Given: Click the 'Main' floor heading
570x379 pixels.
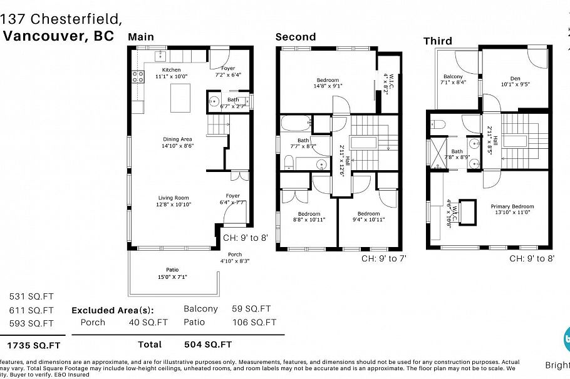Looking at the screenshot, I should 141,37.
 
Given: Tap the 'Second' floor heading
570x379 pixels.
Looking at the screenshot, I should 296,37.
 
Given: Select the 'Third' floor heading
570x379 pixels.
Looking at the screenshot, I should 437,41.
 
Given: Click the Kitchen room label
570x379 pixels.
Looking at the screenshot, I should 171,70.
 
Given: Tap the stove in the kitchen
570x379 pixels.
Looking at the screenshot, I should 138,77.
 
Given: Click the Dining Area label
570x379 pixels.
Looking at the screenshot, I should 177,139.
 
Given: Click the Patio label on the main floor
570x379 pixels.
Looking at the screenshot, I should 172,270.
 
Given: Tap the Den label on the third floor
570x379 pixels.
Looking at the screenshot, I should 515,77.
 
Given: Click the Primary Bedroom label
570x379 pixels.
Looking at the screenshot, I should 512,206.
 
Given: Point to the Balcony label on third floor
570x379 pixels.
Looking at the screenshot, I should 453,77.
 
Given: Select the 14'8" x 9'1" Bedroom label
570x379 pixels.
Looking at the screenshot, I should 328,80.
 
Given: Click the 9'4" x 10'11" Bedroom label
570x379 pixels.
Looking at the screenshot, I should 368,214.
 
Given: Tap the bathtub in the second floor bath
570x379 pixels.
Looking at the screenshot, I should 296,123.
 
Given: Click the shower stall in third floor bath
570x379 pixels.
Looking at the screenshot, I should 437,152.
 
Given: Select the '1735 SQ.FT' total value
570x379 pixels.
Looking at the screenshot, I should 34,345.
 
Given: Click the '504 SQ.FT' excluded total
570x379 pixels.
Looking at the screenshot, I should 208,344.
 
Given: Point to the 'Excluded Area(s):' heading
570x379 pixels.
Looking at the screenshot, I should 112,310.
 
